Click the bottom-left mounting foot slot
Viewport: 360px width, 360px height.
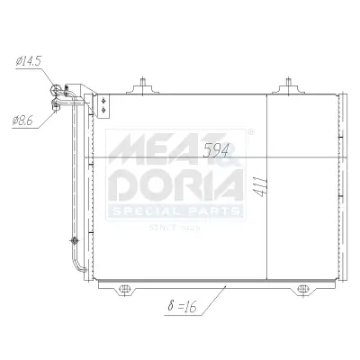click(x=127, y=291)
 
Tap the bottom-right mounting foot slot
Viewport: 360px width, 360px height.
click(x=304, y=291)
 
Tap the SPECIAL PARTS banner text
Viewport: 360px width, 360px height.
click(x=175, y=211)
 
